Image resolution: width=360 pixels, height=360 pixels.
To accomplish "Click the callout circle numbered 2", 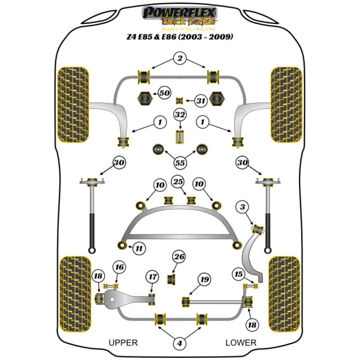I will click(x=180, y=58).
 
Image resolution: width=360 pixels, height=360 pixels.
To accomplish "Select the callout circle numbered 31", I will click(x=201, y=101).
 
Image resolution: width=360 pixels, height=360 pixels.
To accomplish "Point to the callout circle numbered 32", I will click(x=180, y=116).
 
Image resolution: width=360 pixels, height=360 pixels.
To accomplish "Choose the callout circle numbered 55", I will click(x=180, y=163).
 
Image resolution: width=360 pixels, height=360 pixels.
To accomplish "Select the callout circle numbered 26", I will click(x=180, y=257).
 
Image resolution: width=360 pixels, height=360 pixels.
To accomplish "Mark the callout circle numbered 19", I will click(x=204, y=279).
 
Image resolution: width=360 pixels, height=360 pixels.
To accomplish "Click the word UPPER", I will click(x=123, y=342).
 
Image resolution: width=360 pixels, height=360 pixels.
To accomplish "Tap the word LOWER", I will click(x=241, y=342).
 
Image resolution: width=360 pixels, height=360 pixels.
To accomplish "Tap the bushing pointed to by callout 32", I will click(x=180, y=137).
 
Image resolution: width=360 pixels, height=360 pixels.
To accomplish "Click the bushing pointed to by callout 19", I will click(x=186, y=300).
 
